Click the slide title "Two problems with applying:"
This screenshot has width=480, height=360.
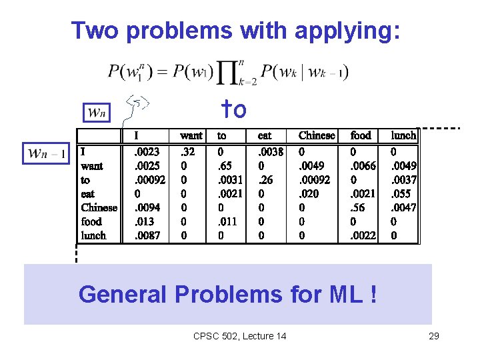(236, 30)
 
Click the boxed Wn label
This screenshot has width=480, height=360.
(97, 113)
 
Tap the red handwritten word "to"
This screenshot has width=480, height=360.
(234, 109)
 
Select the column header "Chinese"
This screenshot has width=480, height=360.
(317, 135)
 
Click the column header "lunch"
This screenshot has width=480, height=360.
(403, 135)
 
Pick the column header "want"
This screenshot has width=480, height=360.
(191, 135)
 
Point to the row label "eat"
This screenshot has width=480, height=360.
(88, 194)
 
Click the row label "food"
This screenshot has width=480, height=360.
(91, 221)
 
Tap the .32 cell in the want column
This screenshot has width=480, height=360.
(189, 152)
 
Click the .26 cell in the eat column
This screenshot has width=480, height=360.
(266, 180)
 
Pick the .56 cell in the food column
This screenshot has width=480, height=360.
(360, 207)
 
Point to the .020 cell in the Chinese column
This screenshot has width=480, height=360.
(310, 194)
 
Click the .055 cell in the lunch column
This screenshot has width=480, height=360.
(403, 194)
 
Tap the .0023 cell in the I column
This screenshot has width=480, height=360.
(147, 152)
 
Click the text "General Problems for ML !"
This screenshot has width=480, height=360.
(227, 293)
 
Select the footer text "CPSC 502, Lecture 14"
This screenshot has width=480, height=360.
(239, 336)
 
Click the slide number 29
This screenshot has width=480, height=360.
(433, 336)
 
